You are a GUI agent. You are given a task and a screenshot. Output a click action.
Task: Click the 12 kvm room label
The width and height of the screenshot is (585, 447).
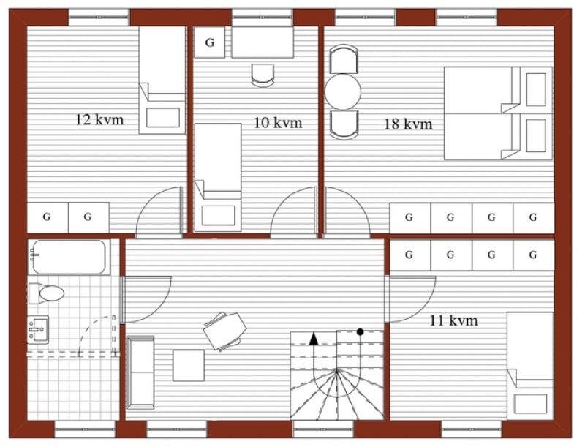[x=99, y=120]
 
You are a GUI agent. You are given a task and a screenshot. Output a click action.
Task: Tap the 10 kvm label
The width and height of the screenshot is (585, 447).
[x=278, y=122]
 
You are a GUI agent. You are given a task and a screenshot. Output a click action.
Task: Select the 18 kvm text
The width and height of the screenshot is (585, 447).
[x=408, y=124]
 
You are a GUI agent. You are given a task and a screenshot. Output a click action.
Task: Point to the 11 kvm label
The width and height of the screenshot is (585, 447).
[x=453, y=320]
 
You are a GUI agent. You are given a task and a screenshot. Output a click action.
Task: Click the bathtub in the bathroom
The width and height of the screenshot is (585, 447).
[x=69, y=257]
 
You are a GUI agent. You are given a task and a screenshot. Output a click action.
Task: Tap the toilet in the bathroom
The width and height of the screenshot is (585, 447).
[x=46, y=293]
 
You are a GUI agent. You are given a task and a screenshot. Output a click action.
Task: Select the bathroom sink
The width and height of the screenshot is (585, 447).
[x=38, y=329]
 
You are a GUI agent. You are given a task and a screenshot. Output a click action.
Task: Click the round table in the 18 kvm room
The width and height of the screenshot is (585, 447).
[x=343, y=91]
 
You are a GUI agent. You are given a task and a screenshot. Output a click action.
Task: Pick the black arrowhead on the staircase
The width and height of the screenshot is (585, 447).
[x=314, y=339]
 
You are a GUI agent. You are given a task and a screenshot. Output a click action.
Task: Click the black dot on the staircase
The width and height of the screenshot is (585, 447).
[x=360, y=331]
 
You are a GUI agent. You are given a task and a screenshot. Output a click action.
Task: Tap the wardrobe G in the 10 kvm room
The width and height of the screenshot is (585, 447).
[x=210, y=42]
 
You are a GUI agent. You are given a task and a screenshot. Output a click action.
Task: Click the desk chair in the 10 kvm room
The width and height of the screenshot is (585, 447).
[x=263, y=75]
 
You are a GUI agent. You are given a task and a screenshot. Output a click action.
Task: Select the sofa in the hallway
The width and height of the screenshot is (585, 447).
[x=140, y=372]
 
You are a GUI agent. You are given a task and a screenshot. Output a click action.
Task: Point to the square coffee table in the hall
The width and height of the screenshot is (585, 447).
[x=189, y=365]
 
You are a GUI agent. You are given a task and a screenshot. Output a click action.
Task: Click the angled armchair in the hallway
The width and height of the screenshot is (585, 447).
[x=225, y=331]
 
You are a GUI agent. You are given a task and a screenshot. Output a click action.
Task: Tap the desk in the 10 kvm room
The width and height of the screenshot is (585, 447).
[x=263, y=42]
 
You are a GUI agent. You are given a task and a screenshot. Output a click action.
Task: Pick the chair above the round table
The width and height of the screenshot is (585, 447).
[x=343, y=59]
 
